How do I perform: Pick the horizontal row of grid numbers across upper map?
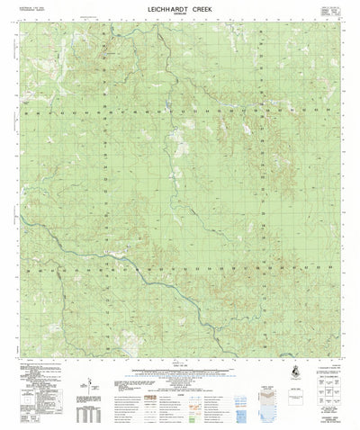tap(180, 114)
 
